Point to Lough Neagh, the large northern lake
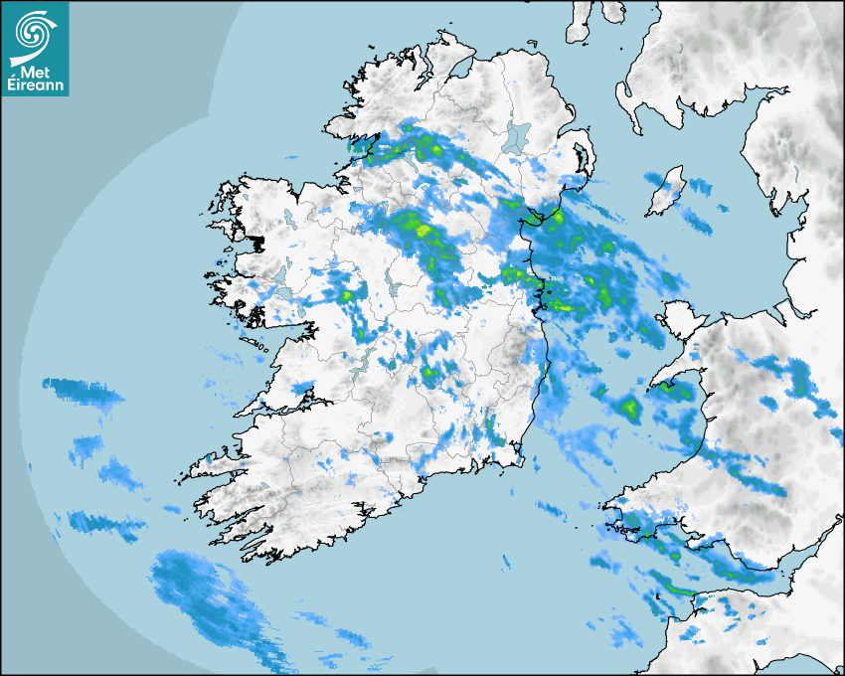pyautogui.click(x=517, y=136)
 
